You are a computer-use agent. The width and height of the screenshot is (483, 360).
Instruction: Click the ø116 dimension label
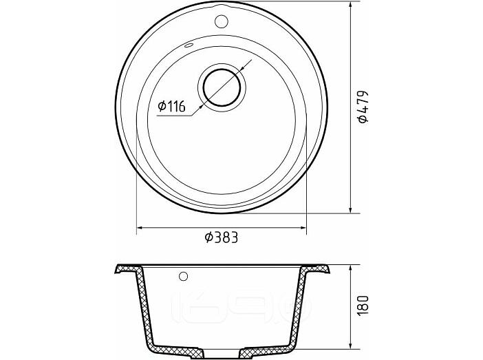pos(171,106)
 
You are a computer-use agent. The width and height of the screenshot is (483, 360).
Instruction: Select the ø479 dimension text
pos(363,106)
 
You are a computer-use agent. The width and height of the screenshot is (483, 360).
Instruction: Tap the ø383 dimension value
pos(222,237)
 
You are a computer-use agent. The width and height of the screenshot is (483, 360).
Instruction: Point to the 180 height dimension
pos(363,305)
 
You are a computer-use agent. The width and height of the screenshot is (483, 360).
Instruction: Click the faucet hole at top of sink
pos(221,21)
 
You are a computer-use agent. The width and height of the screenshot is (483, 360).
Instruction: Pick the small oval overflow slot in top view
pos(189,46)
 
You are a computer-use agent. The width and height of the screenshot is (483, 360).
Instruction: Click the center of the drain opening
pos(222,88)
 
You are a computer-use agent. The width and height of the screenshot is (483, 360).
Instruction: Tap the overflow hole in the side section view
pos(183,277)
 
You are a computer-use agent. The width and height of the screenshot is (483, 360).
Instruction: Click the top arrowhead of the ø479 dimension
pos(350,6)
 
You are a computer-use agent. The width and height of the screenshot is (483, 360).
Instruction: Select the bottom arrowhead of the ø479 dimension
pos(350,209)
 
